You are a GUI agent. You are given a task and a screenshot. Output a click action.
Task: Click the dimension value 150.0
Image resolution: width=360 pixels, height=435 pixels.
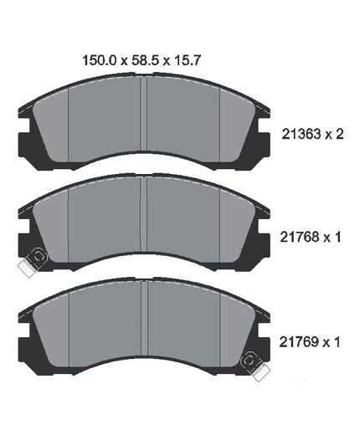tap(99, 60)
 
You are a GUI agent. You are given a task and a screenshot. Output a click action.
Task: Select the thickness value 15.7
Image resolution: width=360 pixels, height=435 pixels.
tap(187, 60)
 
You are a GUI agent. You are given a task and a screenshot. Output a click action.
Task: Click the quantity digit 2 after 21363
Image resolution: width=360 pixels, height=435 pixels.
tap(339, 134)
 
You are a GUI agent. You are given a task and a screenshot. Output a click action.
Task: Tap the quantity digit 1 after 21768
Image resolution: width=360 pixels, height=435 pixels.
tap(337, 237)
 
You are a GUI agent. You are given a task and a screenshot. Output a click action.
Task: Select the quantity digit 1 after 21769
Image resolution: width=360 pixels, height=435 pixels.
tap(337, 342)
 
